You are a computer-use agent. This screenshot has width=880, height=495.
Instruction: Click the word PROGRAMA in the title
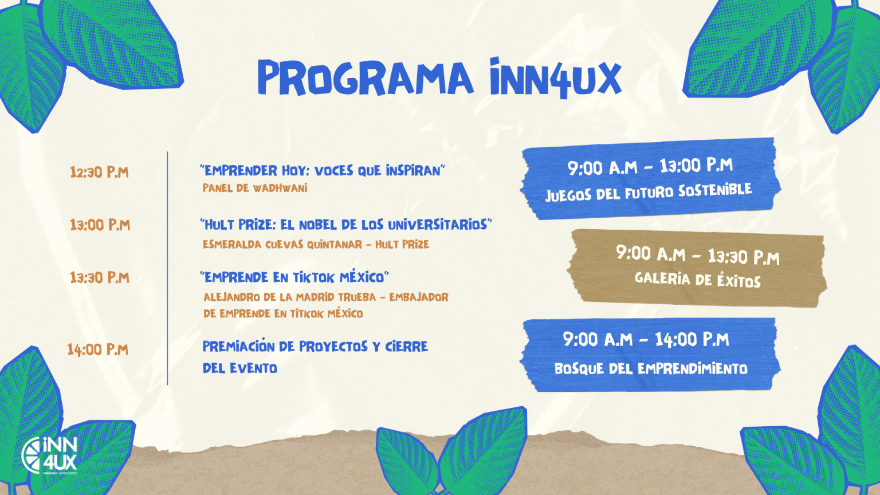click(366, 77)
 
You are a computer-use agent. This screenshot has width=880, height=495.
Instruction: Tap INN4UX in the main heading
click(556, 78)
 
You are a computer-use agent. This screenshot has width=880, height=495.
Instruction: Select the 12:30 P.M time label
click(99, 172)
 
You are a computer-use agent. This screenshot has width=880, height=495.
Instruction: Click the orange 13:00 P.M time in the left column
click(100, 225)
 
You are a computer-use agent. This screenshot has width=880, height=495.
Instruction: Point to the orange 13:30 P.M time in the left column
click(100, 278)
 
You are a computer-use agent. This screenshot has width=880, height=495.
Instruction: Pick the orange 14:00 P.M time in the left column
click(98, 349)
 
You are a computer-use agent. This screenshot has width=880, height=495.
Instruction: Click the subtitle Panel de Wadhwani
click(255, 188)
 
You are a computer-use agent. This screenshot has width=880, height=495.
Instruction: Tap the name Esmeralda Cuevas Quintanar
click(282, 245)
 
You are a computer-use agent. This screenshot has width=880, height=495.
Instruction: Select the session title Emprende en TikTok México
click(294, 277)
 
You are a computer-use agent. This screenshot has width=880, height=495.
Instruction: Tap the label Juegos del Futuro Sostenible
click(649, 192)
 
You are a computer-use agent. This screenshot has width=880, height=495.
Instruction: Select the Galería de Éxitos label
click(698, 280)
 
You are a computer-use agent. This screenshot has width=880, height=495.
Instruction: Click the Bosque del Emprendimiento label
click(651, 369)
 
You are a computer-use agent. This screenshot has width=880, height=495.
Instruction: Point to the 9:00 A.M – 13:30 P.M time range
click(698, 256)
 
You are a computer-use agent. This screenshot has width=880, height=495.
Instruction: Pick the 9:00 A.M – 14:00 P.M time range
click(646, 339)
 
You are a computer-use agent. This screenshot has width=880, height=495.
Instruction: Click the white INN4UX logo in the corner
click(49, 455)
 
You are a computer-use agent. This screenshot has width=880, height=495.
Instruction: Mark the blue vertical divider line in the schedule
click(167, 268)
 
